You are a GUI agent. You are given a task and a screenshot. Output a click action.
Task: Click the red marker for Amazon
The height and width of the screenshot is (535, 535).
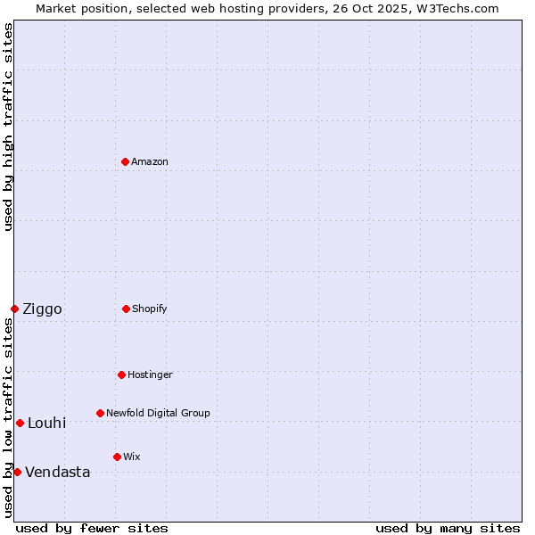coord(125,161)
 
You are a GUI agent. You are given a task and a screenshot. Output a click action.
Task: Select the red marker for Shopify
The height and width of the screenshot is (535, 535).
coord(126,309)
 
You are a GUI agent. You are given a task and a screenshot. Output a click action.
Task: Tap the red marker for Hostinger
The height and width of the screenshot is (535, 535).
coord(121,374)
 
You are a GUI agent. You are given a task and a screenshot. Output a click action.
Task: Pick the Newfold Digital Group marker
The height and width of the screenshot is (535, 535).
coord(100,413)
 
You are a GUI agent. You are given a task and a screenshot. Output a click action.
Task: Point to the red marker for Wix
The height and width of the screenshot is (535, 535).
coord(117,457)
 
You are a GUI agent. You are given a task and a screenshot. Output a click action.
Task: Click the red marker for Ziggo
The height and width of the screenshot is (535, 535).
coord(14,309)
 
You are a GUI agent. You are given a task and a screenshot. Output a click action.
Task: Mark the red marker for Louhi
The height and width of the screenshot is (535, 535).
coord(20,423)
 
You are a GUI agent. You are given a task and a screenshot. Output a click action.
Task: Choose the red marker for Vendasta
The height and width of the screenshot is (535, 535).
coord(17,472)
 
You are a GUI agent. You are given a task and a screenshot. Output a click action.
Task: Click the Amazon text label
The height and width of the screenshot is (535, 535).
coord(150,161)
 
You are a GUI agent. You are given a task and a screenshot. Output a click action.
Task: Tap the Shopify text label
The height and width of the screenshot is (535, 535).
coord(150,309)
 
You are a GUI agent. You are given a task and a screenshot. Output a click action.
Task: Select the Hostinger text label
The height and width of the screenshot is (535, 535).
coord(150,374)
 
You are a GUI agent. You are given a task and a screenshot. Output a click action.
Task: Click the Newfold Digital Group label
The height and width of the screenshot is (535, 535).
coord(158,413)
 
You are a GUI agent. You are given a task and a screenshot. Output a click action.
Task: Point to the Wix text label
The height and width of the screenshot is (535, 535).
coord(132,457)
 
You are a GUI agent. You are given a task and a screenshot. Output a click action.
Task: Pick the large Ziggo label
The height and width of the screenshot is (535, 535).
coord(42,309)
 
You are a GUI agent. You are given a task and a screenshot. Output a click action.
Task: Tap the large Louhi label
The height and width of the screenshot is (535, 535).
coord(46,423)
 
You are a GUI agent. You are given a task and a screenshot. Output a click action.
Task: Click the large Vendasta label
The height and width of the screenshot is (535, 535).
coord(57,473)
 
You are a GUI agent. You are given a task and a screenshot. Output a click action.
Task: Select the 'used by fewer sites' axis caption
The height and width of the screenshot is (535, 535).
coord(92,528)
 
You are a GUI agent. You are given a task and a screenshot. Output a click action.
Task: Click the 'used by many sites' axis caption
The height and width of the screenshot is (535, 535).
coord(448,528)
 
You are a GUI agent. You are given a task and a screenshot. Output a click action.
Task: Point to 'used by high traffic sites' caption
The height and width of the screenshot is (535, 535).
coord(8,127)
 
